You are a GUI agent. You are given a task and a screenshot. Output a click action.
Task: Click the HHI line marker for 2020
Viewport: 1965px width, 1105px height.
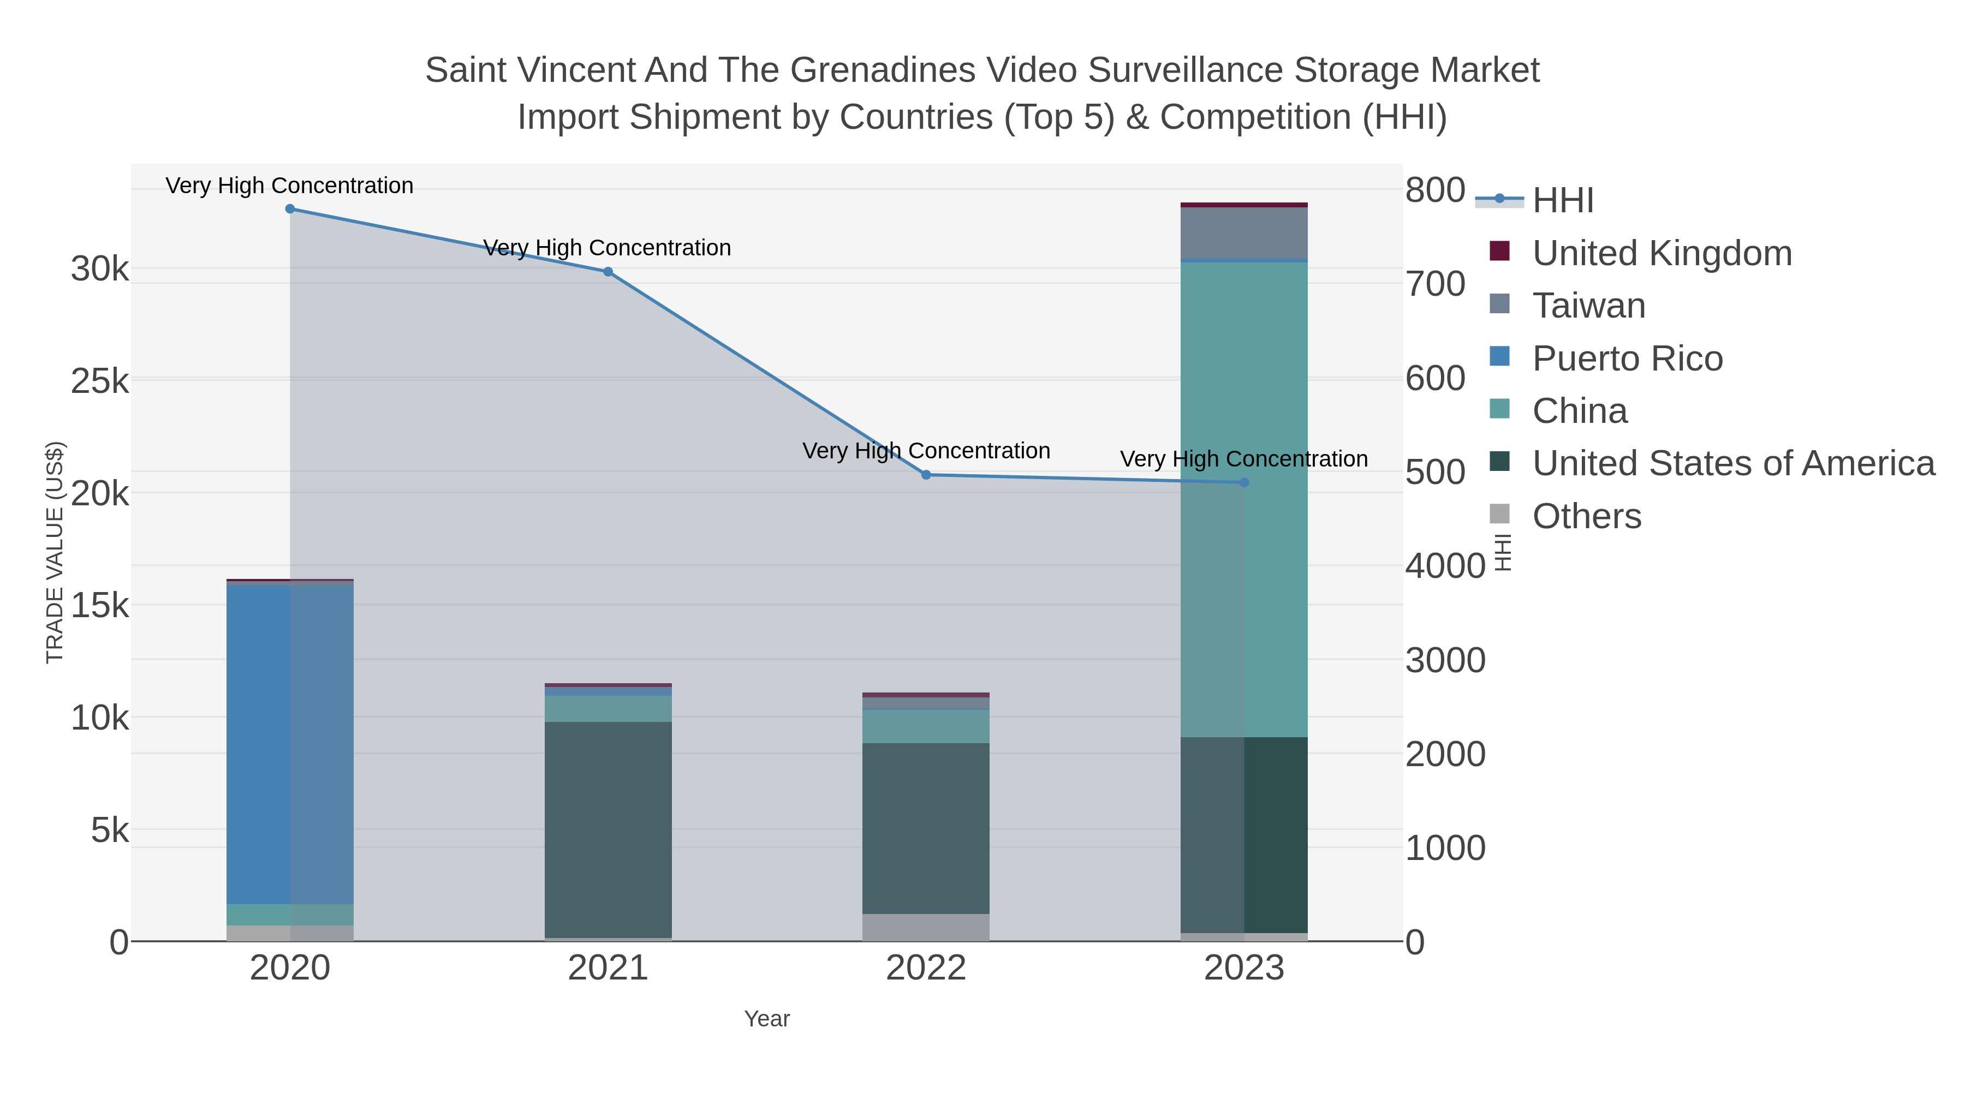pyautogui.click(x=290, y=209)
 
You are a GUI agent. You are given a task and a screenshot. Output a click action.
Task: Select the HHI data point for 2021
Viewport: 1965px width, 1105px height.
pyautogui.click(x=608, y=272)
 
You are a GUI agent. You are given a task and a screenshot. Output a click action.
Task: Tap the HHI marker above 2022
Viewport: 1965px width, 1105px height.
pyautogui.click(x=926, y=475)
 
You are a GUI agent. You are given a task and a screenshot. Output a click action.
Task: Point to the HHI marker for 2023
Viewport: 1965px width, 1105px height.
pyautogui.click(x=1244, y=482)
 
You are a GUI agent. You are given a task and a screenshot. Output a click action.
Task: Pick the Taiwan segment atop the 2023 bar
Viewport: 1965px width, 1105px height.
pyautogui.click(x=1244, y=234)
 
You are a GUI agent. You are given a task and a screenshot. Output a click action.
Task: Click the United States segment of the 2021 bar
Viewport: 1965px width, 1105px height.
pyautogui.click(x=608, y=829)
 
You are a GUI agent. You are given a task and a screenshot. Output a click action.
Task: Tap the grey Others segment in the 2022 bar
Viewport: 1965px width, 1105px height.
pyautogui.click(x=926, y=927)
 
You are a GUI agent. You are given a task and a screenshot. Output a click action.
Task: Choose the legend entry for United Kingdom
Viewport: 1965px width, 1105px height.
pyautogui.click(x=1662, y=253)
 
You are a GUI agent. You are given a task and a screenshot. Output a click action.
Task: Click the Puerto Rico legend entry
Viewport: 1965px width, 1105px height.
pyautogui.click(x=1627, y=359)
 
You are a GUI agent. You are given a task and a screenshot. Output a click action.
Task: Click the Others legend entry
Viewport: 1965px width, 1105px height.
pyautogui.click(x=1587, y=516)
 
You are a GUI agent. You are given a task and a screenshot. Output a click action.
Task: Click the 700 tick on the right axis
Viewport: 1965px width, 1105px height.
pyautogui.click(x=1436, y=284)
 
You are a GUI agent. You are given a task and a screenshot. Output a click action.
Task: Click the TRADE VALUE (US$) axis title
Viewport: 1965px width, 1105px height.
pyautogui.click(x=55, y=552)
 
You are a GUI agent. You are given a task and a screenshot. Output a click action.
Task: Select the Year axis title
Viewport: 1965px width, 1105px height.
pyautogui.click(x=767, y=1019)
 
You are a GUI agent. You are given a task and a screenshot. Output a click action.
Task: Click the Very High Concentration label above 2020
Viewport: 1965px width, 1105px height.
pyautogui.click(x=290, y=186)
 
